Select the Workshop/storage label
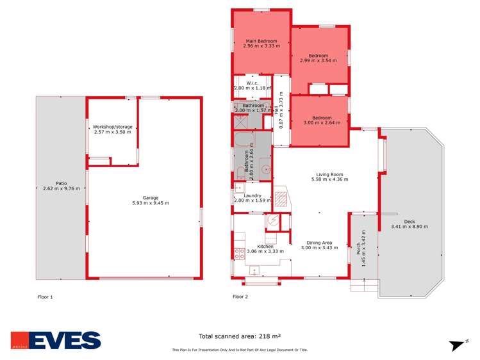[x=113, y=127]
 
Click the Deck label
[x=410, y=222]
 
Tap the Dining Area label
[x=319, y=243]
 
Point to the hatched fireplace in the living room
[x=281, y=197]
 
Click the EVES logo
[x=56, y=340]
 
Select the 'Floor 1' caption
[x=46, y=297]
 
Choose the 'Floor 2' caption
[x=240, y=297]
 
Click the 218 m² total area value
[x=268, y=335]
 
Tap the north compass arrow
[x=458, y=345]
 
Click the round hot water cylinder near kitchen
[x=273, y=221]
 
